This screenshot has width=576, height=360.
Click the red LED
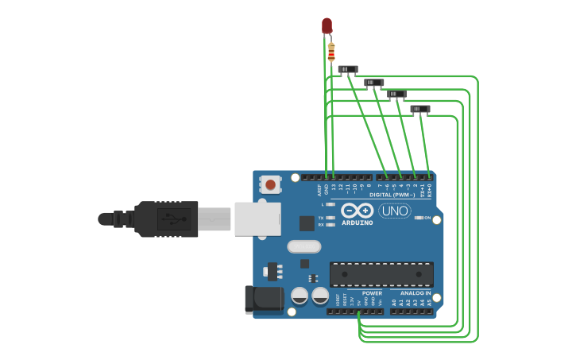click(327, 25)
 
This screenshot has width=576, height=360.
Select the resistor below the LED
click(331, 52)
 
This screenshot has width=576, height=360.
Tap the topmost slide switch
click(348, 70)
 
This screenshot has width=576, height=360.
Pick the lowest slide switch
click(420, 109)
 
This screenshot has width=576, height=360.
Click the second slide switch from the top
click(374, 83)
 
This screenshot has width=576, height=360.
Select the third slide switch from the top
click(396, 95)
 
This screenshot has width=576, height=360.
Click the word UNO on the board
click(395, 211)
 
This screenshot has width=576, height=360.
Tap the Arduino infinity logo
click(358, 210)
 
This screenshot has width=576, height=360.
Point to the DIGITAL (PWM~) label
click(392, 195)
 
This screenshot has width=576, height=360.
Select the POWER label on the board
click(372, 293)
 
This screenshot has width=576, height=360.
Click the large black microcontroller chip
click(381, 274)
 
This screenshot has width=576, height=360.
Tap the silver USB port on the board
click(257, 219)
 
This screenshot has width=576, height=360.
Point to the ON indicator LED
click(419, 218)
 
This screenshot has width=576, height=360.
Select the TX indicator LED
click(331, 218)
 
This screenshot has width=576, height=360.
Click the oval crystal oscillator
click(303, 246)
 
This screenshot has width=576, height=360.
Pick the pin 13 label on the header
click(334, 188)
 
